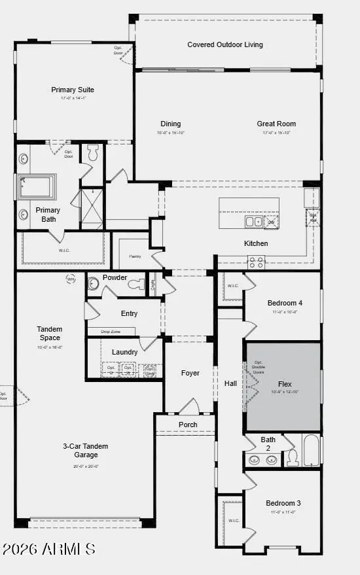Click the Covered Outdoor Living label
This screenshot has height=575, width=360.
[225, 44]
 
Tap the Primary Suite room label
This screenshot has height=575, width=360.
[73, 90]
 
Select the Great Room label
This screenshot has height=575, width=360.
[276, 124]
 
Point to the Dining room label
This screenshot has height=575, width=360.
[171, 124]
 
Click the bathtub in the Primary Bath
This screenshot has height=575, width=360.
[38, 186]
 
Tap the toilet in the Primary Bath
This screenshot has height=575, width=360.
[92, 152]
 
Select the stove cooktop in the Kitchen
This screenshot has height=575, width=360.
[256, 262]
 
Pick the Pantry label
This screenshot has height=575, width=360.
[135, 257]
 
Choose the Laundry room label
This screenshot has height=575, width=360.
[124, 352]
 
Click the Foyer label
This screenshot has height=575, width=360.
[190, 373]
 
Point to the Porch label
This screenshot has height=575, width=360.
[188, 425]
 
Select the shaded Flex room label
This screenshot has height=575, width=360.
[285, 384]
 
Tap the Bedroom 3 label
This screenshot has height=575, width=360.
[283, 503]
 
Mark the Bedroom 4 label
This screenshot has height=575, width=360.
[285, 303]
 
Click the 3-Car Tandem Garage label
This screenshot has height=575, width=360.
[86, 450]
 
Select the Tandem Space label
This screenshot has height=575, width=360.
[50, 333]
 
